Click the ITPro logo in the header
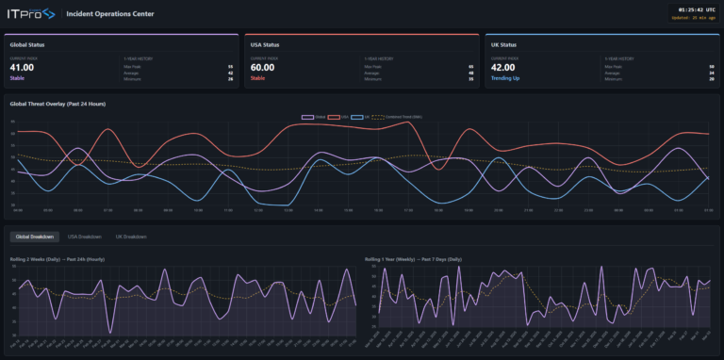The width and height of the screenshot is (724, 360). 30,14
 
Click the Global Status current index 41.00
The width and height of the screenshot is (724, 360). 23,68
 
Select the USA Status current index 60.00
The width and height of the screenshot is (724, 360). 263,68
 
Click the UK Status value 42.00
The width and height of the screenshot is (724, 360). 504,68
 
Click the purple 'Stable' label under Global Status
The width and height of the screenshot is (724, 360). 18,79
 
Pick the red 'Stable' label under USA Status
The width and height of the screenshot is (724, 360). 258,79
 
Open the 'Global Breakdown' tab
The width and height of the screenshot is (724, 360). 34,237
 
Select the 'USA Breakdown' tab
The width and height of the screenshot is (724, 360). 84,237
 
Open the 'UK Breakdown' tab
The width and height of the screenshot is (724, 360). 131,237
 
